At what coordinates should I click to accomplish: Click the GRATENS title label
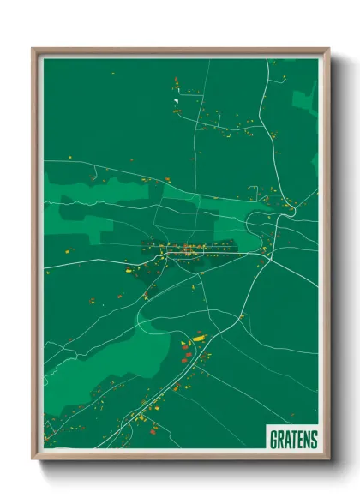(x=294, y=440)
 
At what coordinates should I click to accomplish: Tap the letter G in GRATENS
(x=274, y=440)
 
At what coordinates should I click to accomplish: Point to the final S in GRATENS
(x=314, y=440)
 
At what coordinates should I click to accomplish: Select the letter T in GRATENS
(x=294, y=440)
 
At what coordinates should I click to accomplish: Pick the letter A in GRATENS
(x=287, y=440)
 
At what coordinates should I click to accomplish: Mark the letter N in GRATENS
(x=307, y=440)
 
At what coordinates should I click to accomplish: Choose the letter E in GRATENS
(x=300, y=440)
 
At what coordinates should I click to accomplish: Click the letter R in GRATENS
(x=281, y=440)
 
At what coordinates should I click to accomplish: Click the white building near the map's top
(x=176, y=101)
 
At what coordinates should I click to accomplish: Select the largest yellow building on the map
(x=199, y=339)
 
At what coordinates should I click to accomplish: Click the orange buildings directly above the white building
(x=176, y=84)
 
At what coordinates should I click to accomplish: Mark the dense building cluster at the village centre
(x=187, y=250)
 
